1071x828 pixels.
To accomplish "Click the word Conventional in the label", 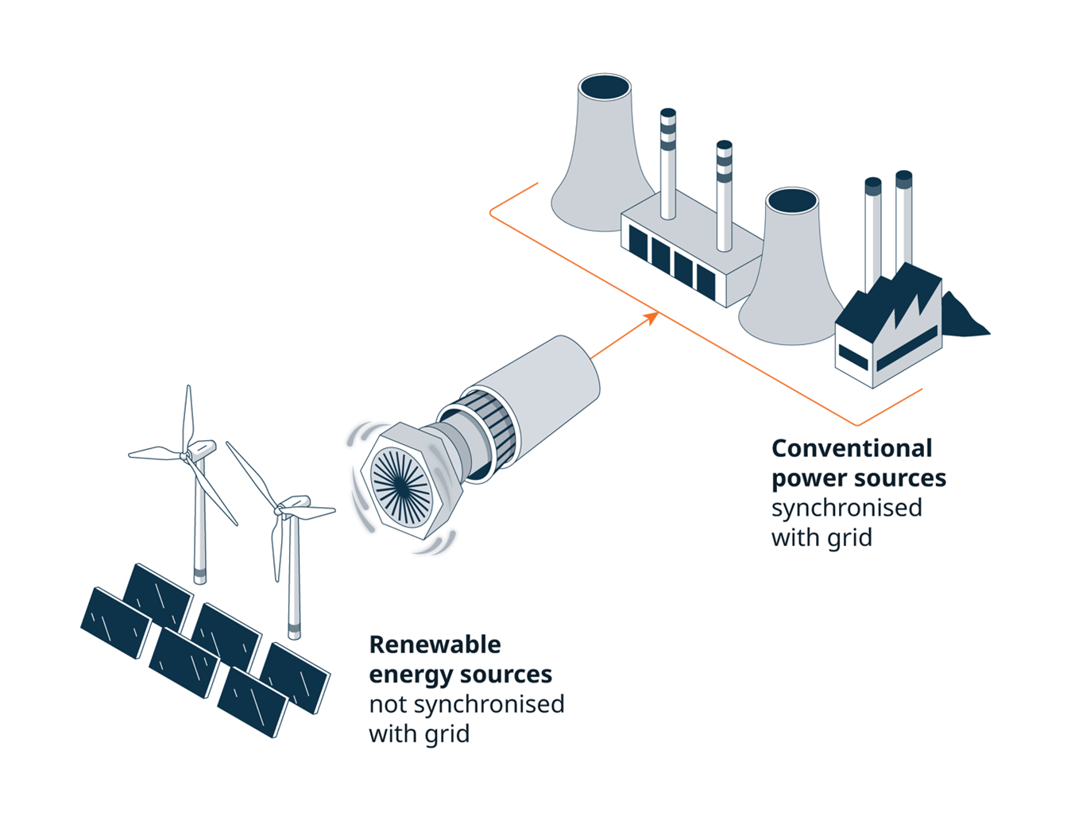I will point(852,448).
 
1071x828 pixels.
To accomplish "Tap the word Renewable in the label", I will point(435,644).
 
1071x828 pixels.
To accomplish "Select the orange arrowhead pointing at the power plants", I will point(651,318).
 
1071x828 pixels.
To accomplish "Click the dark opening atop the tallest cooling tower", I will point(605,87).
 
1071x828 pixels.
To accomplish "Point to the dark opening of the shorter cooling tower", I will point(792,200).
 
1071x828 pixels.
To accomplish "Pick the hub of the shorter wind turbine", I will point(280,509).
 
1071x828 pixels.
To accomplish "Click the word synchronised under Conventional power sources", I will point(846,508).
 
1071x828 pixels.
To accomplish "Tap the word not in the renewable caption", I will point(388,705).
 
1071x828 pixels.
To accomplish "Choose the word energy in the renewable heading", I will point(411,675).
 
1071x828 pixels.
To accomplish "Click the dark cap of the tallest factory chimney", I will point(903,179).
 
